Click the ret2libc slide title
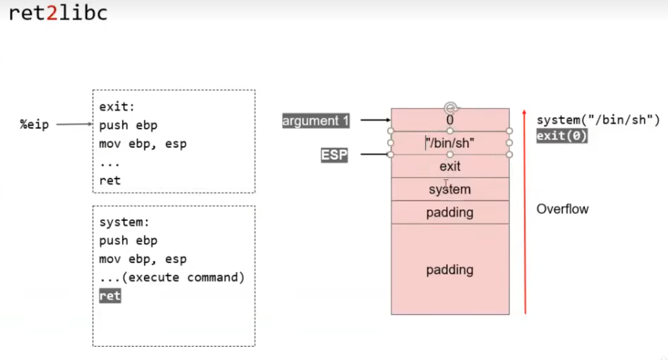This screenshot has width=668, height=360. (x=58, y=13)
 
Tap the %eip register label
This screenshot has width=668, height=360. (x=34, y=125)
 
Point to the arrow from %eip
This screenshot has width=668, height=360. (x=74, y=124)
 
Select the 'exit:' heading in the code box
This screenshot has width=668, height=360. (x=117, y=107)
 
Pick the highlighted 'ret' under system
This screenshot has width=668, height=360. (x=110, y=296)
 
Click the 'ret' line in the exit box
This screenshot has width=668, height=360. (x=110, y=180)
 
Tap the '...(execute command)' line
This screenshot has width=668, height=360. (x=172, y=277)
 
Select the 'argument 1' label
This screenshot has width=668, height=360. (x=315, y=121)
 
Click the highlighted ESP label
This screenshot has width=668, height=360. (x=334, y=155)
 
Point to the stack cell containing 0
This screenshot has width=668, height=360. (x=450, y=120)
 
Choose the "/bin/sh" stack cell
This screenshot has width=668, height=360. (x=450, y=143)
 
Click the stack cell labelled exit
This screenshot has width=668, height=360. (x=450, y=166)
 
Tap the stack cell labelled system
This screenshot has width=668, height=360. (x=450, y=189)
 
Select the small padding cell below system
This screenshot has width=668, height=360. (x=450, y=212)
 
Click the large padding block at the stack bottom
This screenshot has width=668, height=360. (x=450, y=270)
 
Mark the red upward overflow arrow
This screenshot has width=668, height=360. (x=525, y=211)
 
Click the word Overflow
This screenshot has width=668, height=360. (x=563, y=209)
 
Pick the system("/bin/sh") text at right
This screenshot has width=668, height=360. (x=598, y=120)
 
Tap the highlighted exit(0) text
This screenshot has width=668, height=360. (x=562, y=136)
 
